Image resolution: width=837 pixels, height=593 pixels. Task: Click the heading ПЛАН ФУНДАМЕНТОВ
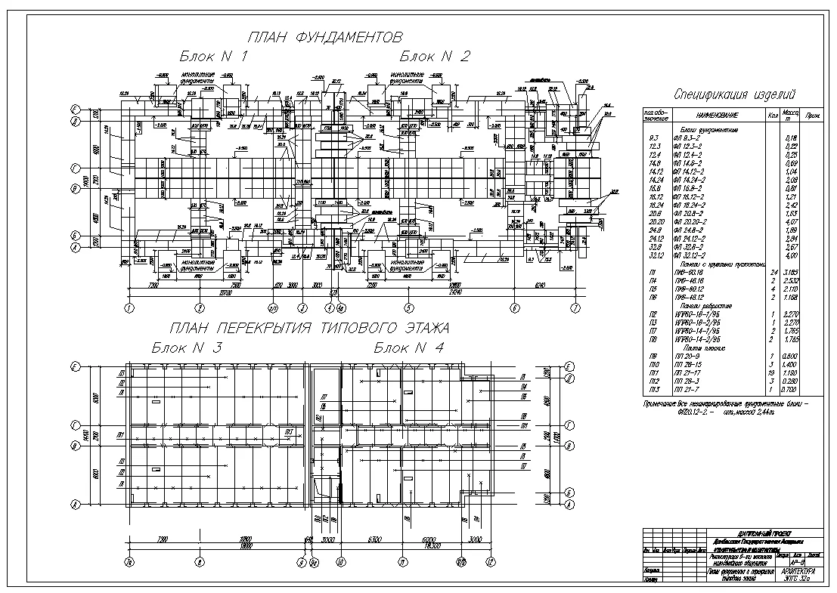(324, 38)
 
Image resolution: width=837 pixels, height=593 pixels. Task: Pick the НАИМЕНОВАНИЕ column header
(712, 116)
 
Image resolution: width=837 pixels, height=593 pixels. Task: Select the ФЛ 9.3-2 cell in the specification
(687, 137)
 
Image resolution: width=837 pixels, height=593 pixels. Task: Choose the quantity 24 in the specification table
(773, 272)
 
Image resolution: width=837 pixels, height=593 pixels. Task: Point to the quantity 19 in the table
(773, 373)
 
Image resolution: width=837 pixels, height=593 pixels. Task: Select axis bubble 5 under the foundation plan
(409, 307)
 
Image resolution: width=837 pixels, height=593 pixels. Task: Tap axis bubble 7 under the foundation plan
(576, 307)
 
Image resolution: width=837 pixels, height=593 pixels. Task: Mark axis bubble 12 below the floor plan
(490, 562)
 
